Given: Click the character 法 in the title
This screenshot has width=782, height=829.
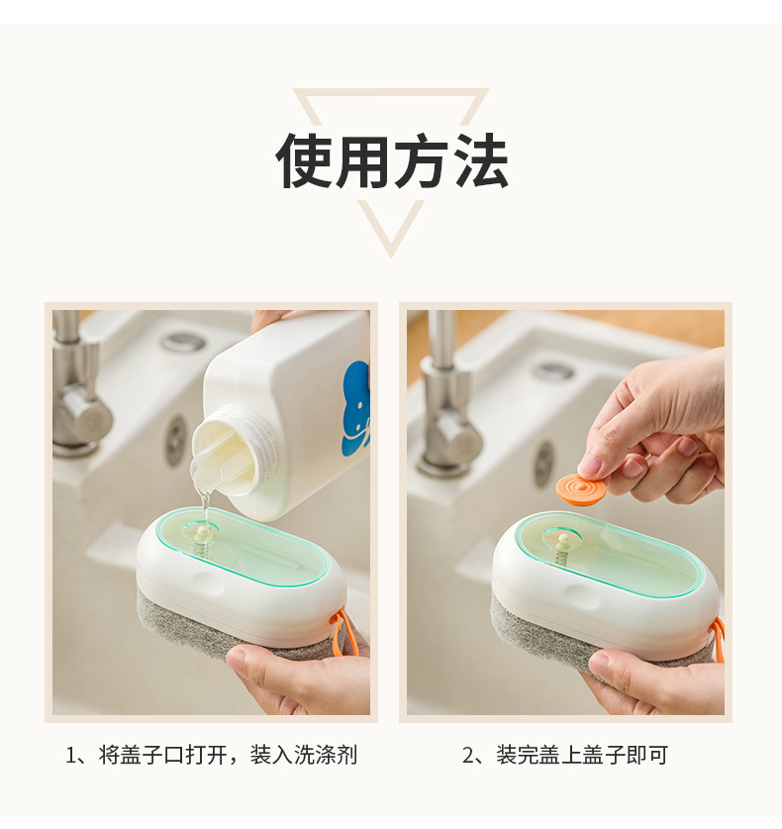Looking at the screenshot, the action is click(479, 160).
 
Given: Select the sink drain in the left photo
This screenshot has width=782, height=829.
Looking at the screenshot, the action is click(183, 341).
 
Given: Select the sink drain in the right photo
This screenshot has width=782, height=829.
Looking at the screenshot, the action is click(553, 370).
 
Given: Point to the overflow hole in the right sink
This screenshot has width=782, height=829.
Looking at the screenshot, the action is click(543, 465).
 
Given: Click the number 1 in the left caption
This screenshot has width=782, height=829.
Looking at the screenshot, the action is click(71, 755).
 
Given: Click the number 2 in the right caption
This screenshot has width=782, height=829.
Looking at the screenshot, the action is click(468, 755).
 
